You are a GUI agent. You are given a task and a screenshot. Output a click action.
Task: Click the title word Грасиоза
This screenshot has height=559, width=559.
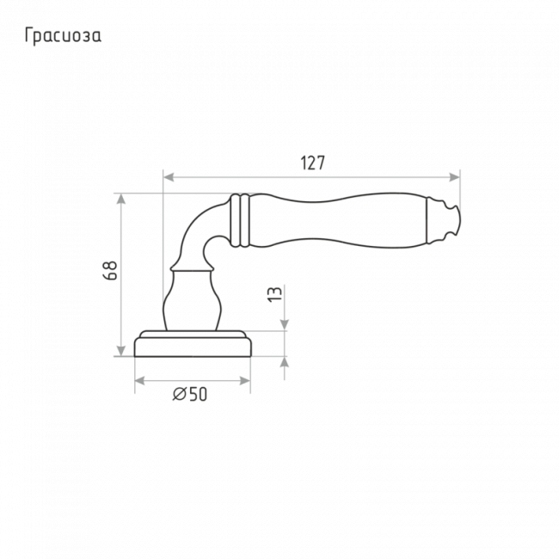coord(63,36)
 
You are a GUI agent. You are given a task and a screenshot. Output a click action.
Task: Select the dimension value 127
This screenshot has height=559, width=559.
coord(313,163)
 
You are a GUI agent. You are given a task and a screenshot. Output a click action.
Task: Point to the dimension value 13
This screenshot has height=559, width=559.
coord(275,294)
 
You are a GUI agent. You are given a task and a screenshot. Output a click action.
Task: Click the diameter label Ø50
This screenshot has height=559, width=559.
coord(190,394)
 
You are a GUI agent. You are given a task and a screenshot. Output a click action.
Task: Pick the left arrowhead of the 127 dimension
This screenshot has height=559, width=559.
coord(169,177)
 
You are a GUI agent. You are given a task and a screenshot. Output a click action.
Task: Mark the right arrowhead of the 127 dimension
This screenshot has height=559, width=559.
coord(455,177)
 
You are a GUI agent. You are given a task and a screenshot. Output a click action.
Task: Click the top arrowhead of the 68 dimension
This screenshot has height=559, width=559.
coord(121,199)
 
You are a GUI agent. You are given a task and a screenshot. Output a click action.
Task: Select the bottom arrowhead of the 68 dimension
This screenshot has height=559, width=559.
coord(121,351)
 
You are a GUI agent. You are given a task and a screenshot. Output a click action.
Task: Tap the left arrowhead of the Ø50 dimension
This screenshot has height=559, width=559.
coord(139,381)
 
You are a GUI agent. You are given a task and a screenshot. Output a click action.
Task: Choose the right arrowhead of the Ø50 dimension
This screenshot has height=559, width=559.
coord(245,381)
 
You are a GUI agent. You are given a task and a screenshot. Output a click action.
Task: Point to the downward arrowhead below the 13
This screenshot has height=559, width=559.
coord(284,325)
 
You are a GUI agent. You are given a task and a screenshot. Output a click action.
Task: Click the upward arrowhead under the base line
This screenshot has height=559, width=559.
coord(284,362)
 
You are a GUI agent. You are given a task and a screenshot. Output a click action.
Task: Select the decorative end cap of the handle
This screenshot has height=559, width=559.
coord(444,221)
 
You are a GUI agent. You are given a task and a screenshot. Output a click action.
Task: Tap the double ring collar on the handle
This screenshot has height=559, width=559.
coord(240,220)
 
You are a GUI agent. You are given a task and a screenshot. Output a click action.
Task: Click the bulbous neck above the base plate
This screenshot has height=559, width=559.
coord(192,300)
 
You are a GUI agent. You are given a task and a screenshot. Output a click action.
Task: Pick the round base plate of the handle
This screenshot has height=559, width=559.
coord(193,344)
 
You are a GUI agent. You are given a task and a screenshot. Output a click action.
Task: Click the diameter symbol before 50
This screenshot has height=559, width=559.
coord(180,394)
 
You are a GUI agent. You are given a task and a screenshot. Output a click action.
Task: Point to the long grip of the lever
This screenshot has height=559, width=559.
coord(338,220)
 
